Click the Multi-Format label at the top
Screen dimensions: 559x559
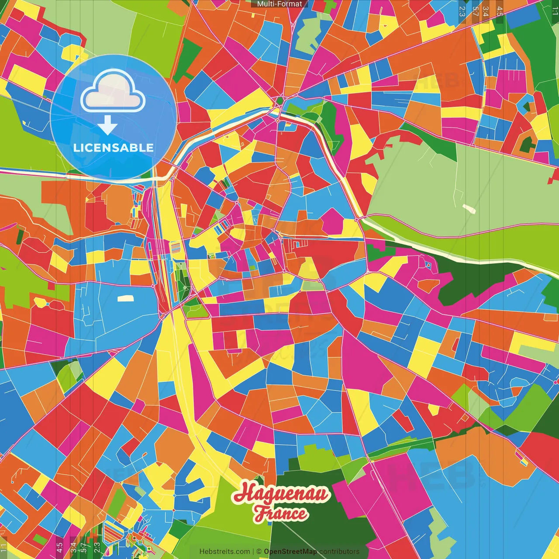(279, 4)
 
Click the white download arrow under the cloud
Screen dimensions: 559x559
(107, 125)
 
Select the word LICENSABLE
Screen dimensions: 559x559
(114, 148)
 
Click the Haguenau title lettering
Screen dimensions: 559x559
(282, 494)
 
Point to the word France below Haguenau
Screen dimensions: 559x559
(282, 513)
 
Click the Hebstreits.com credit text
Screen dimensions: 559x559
(224, 552)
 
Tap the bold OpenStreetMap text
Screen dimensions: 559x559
(290, 552)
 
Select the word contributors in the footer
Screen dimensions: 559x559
(339, 552)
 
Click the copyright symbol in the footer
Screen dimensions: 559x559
(259, 552)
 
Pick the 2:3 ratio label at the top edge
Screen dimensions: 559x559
(462, 11)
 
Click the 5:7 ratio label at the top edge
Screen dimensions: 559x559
(475, 11)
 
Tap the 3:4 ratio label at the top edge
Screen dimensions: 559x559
(486, 11)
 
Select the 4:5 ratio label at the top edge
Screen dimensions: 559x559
(500, 11)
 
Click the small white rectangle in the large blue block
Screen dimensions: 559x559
(125, 299)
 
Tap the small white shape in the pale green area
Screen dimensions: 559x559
(469, 208)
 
